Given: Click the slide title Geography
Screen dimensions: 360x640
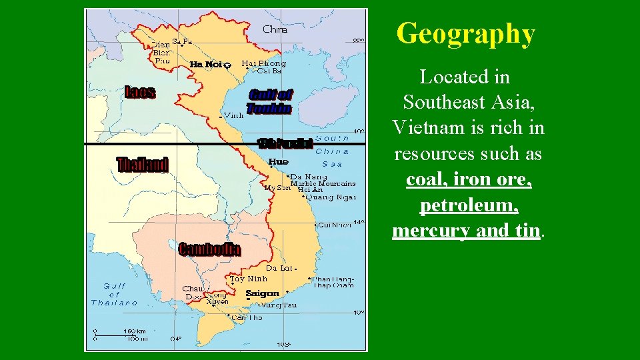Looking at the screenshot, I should coord(465,33).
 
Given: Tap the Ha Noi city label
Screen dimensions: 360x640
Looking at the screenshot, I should coord(206,64).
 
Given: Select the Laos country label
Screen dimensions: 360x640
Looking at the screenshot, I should coord(141,93).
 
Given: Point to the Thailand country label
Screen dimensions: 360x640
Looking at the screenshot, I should coord(143,165).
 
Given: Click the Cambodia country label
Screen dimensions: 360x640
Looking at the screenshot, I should coord(209,249).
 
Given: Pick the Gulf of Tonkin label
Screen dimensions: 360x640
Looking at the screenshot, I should coord(269,101).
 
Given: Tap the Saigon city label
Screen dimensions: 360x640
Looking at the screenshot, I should coord(262,293).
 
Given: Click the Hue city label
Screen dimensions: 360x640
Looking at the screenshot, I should coord(278,162).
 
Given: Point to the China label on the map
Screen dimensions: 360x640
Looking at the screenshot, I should coord(275,29).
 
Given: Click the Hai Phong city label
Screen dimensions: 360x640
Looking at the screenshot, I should coord(264,63).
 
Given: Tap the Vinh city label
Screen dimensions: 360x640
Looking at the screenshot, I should coord(233,115).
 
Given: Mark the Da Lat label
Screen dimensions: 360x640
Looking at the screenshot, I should coord(279,268).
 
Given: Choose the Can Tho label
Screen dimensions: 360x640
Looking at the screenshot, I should coord(247,318).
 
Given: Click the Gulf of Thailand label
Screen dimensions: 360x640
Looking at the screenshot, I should coord(114,294).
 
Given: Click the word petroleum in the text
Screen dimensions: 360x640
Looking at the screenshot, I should coord(469,205).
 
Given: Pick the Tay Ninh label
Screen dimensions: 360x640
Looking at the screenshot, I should coord(249,279).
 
